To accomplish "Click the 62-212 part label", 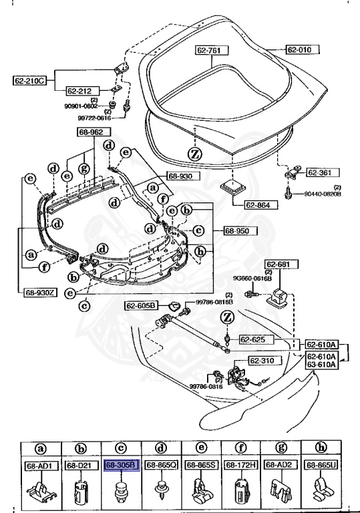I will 82,90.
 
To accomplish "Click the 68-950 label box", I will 232,230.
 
